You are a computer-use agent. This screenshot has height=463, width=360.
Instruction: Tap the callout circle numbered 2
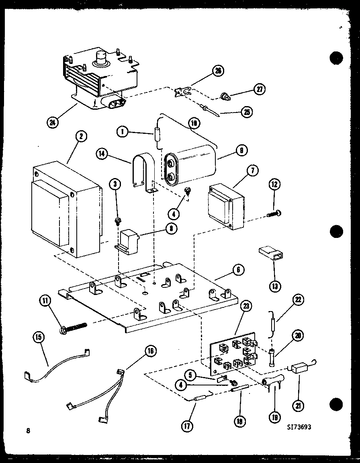[x=80, y=137]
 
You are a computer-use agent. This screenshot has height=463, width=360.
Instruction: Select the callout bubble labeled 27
[x=260, y=89]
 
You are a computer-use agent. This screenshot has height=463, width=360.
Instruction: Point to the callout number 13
[x=274, y=286]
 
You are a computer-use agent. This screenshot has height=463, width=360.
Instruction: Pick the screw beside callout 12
[x=274, y=213]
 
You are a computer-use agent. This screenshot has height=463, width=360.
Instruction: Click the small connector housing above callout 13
[x=269, y=254]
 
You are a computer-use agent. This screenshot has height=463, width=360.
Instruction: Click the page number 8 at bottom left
[x=28, y=431]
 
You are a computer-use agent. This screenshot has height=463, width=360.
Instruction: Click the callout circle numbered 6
[x=238, y=270]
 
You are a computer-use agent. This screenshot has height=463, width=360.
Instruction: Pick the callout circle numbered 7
[x=253, y=170]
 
